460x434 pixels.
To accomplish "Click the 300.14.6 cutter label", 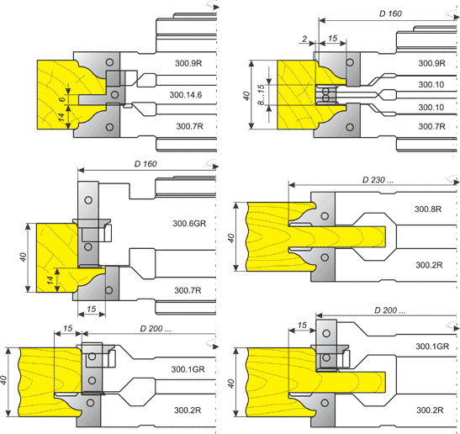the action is (186, 95).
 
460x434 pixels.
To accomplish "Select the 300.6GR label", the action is (189, 224).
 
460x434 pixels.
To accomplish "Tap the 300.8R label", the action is (428, 209).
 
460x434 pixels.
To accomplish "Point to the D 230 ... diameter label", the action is (378, 180).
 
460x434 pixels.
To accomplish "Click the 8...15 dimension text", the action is (261, 95).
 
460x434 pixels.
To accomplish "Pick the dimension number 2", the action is (304, 39).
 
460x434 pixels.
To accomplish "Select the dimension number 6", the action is (61, 99).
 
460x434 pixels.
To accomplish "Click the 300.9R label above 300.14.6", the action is (188, 63).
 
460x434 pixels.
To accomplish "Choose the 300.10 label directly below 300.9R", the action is (431, 84).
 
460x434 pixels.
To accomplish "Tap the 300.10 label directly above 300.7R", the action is (431, 107).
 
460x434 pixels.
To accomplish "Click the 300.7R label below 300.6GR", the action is (188, 290).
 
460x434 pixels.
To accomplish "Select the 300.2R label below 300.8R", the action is (429, 265).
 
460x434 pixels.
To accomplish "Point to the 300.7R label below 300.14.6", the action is (189, 126).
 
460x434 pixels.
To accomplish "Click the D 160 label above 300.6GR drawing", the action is (145, 164).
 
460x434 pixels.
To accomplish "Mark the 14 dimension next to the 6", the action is (61, 117).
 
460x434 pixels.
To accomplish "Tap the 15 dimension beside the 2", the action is (332, 39).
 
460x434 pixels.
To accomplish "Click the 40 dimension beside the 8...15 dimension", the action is (246, 96).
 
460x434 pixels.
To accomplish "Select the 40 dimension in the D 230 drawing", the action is (231, 238).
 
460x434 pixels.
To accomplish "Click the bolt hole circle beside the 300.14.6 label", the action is (114, 94).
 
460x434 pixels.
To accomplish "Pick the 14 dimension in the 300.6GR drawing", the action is (50, 280).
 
